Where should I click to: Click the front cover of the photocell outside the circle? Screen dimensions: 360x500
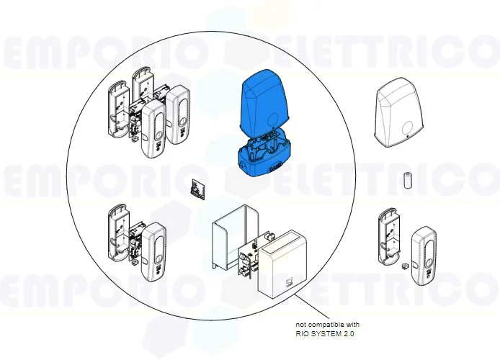click(x=422, y=252)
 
